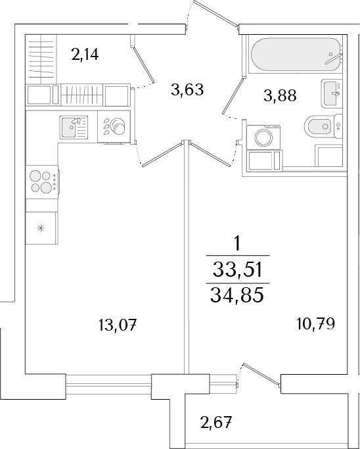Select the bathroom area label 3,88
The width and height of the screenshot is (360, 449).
click(280, 96)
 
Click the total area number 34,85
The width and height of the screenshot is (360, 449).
click(238, 295)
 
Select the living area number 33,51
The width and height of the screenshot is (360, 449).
click(238, 269)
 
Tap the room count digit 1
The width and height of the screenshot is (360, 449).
click(238, 243)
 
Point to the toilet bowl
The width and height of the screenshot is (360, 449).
click(321, 125)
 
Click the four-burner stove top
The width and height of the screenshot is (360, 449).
click(41, 181)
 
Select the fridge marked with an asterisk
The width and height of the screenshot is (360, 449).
click(41, 229)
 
